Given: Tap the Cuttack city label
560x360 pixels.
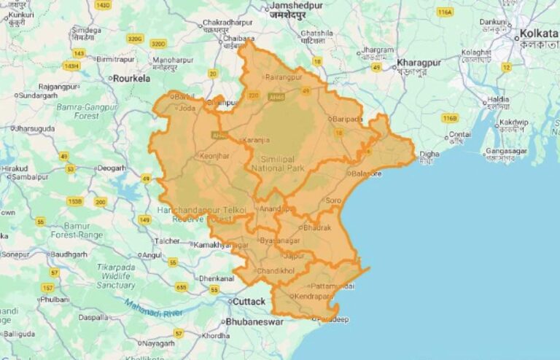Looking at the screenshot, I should pos(249,301).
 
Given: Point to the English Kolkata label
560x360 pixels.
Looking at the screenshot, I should pos(538,34).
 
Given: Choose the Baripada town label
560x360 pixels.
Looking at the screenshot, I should pos(348,119).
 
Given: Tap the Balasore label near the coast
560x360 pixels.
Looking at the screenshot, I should pos(365,174).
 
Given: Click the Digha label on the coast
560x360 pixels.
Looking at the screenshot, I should pos(429,154).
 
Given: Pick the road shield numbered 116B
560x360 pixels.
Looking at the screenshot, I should pos(449,117).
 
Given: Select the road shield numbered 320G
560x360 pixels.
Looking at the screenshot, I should pos(134,39).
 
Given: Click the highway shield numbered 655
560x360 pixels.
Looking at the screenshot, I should pos(181,287).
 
